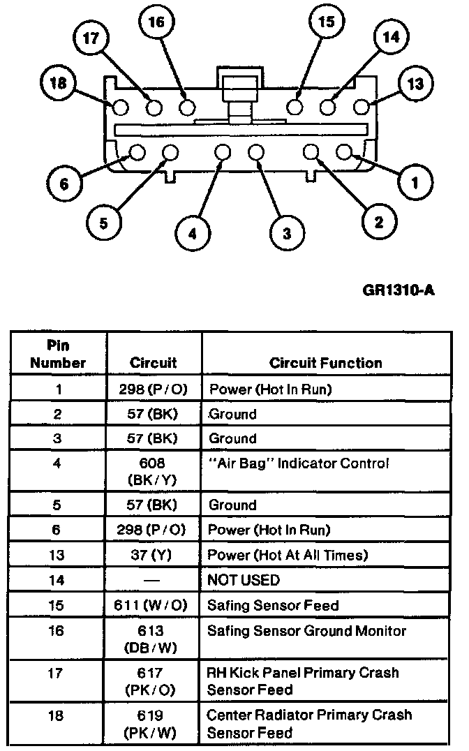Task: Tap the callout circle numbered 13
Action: click(415, 84)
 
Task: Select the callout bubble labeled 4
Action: click(193, 234)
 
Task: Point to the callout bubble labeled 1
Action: click(415, 184)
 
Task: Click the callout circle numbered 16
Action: click(156, 23)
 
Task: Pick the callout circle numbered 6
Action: click(64, 184)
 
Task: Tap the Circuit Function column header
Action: click(326, 363)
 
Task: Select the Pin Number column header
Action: click(58, 355)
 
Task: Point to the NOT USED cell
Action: click(244, 580)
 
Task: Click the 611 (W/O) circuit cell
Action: click(154, 605)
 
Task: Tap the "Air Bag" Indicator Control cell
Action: click(299, 463)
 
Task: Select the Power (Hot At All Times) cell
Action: click(288, 555)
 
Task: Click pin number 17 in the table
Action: click(58, 674)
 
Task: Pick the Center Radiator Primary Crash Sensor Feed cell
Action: click(309, 724)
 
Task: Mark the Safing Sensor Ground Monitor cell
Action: click(306, 631)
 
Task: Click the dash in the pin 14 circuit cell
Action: click(154, 581)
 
